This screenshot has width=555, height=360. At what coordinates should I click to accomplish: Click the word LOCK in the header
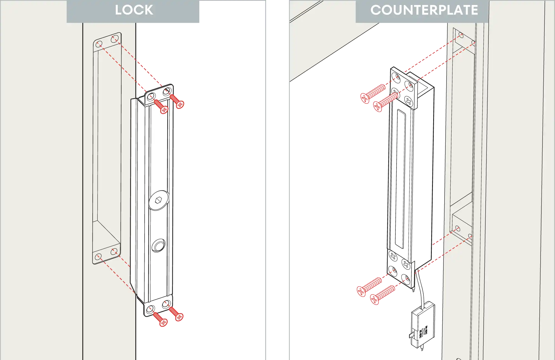pos(134,10)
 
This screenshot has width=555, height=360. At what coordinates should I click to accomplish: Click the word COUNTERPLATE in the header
pos(424,10)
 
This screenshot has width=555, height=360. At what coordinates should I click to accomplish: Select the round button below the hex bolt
pos(158,245)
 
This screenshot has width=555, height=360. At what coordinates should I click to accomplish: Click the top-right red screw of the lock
pos(177,101)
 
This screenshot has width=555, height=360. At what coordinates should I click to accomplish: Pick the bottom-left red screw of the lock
pos(160,319)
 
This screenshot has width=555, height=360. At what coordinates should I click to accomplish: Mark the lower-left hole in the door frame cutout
pos(98,257)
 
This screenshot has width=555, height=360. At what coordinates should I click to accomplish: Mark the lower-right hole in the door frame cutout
pos(114,251)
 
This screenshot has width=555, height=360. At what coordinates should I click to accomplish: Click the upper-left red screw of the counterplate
pos(372,93)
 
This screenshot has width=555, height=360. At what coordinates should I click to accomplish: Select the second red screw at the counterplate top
pos(385,102)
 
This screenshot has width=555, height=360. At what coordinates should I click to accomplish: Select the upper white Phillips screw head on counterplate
pos(393,256)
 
